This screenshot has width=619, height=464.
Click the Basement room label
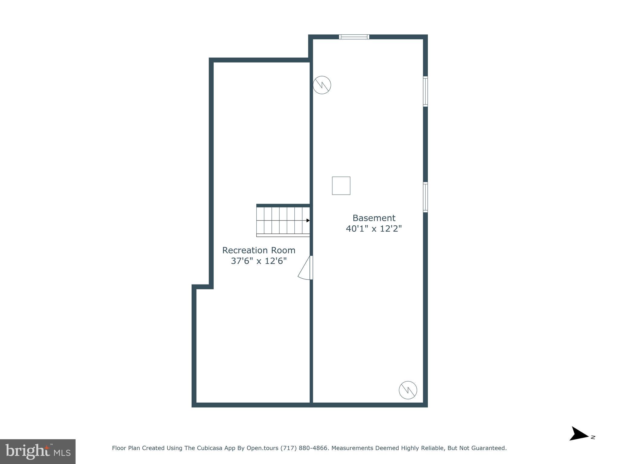[374, 218]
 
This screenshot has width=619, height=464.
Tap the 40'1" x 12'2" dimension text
[374, 229]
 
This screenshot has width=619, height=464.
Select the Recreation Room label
[259, 250]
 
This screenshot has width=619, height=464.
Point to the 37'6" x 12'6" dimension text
[259, 261]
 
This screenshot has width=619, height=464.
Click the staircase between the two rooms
[283, 221]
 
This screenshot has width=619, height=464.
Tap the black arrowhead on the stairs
[308, 221]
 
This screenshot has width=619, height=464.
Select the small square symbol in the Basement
[341, 185]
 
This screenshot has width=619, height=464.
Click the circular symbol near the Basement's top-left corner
[322, 85]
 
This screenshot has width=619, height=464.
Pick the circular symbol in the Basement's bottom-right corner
[408, 390]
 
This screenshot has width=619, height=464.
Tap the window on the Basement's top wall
[354, 37]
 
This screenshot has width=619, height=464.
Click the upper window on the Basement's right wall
[425, 92]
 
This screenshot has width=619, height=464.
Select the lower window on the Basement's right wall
[425, 197]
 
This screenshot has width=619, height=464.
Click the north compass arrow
[578, 434]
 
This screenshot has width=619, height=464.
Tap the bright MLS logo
[38, 451]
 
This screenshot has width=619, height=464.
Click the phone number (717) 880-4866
[304, 448]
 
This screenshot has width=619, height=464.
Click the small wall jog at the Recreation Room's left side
[203, 287]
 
